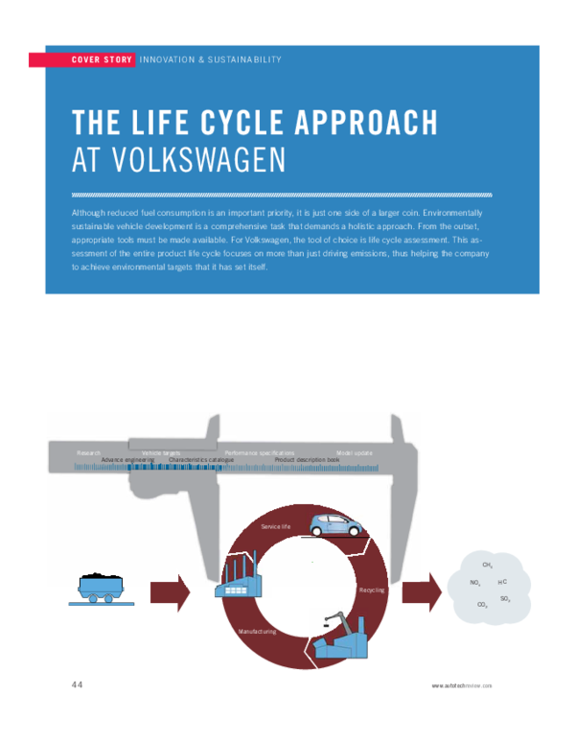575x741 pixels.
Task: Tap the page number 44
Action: (x=77, y=684)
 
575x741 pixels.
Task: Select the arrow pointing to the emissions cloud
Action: (x=421, y=590)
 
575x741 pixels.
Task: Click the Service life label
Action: (x=275, y=527)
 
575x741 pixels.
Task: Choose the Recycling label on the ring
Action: (x=371, y=590)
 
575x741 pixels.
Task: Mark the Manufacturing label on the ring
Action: (x=257, y=632)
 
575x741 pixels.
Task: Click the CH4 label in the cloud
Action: (x=488, y=566)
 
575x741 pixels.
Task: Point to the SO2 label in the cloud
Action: (x=505, y=597)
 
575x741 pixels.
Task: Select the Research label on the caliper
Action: (x=89, y=452)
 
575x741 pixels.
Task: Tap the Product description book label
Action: (x=307, y=460)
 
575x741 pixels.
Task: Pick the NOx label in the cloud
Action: (x=475, y=583)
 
